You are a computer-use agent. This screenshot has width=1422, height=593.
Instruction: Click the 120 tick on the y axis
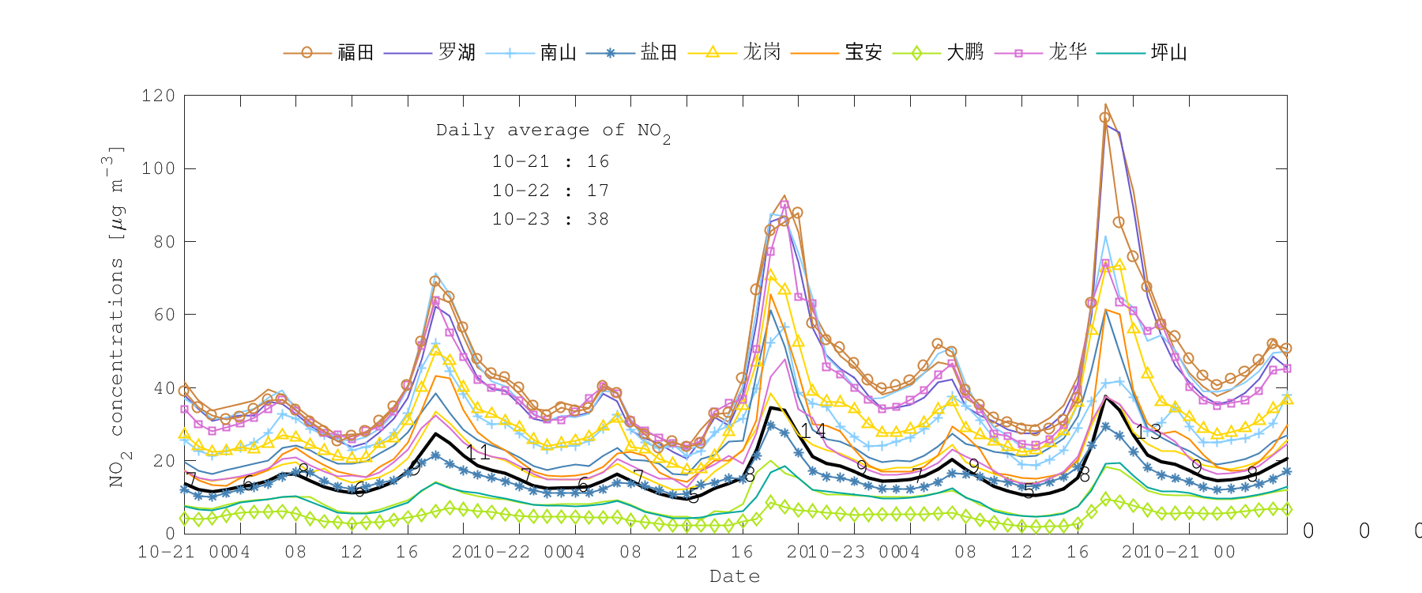[x=158, y=96]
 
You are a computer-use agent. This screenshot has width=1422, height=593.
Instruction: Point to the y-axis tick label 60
[x=164, y=315]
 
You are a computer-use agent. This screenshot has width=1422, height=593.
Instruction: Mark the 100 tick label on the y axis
[x=158, y=168]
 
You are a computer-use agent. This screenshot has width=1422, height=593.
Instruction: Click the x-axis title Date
[x=735, y=576]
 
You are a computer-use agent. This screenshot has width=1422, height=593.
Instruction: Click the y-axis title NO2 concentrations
[x=115, y=316]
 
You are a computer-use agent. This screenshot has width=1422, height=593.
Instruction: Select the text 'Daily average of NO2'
[x=553, y=131]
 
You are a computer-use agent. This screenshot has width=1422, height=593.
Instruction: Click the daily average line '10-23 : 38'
[x=551, y=219]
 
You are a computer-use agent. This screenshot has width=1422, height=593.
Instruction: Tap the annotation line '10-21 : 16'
[x=551, y=161]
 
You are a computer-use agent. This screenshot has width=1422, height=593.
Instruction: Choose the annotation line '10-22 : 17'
[x=551, y=191]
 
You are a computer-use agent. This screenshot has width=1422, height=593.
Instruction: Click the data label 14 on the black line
[x=813, y=431]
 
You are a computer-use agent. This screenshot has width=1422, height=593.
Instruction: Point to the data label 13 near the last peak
[x=1149, y=432]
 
